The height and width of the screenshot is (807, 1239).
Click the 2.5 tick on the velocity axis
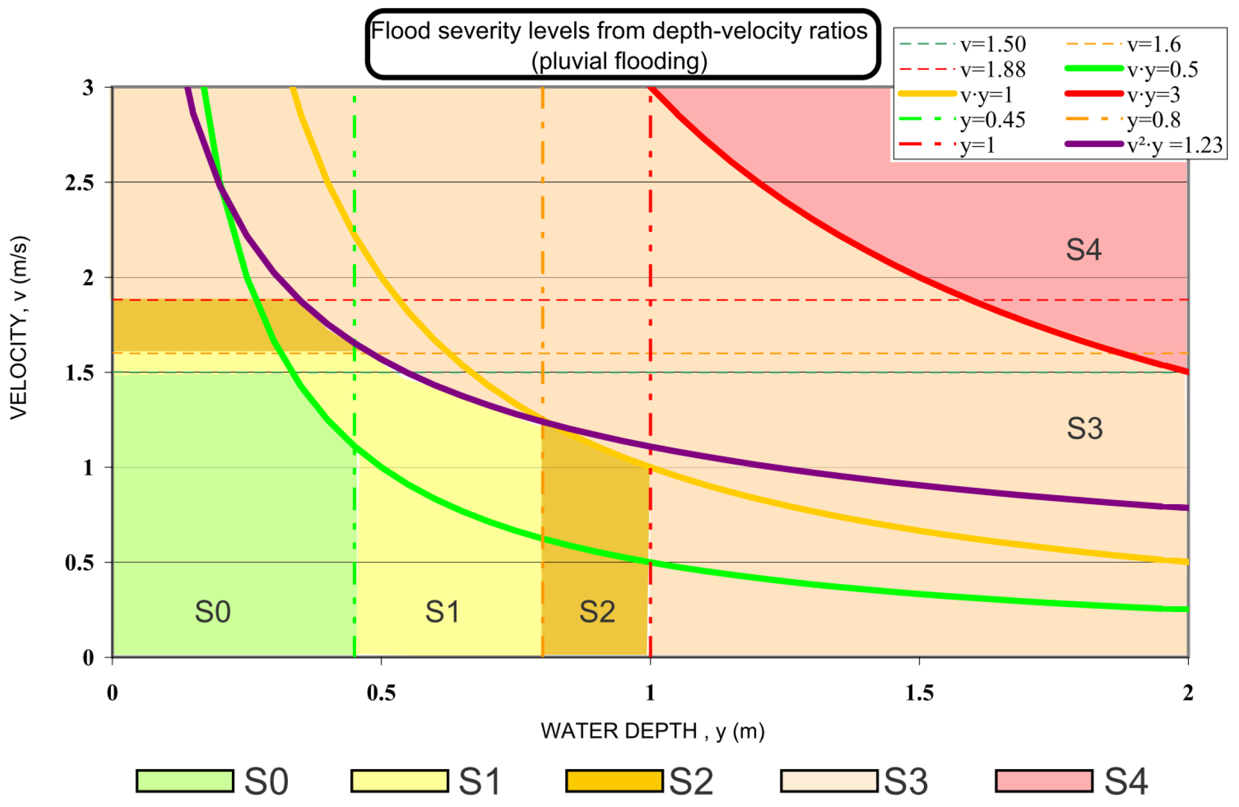pos(79,183)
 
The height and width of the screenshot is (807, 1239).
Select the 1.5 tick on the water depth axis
pos(920,692)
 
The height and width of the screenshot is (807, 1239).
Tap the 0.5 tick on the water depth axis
pos(381,692)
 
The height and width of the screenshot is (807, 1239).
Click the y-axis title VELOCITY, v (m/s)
pos(19,327)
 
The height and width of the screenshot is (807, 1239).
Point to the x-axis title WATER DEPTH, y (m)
pos(653,731)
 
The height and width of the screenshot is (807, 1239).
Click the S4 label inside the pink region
pos(1083,249)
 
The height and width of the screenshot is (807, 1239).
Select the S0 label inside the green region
pos(213,611)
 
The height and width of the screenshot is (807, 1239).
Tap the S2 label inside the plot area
pos(597,611)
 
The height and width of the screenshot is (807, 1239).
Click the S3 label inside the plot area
pos(1084,428)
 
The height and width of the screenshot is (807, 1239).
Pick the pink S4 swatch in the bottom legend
pos(1044,781)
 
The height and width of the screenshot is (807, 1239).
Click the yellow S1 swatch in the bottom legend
pos(399,781)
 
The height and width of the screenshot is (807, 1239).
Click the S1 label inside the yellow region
pos(442,611)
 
